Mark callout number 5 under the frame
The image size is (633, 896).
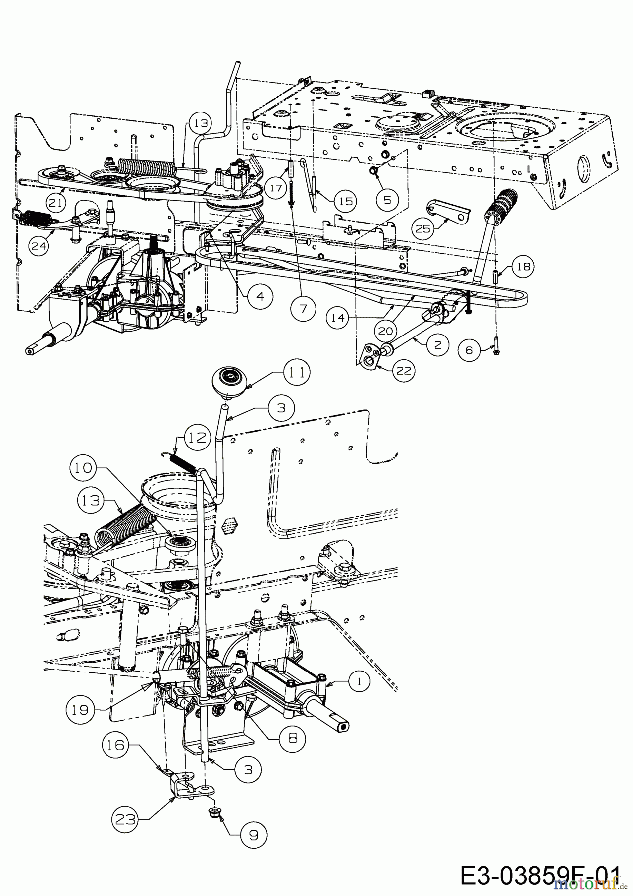pyautogui.click(x=388, y=199)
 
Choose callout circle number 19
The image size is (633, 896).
pyautogui.click(x=80, y=710)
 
